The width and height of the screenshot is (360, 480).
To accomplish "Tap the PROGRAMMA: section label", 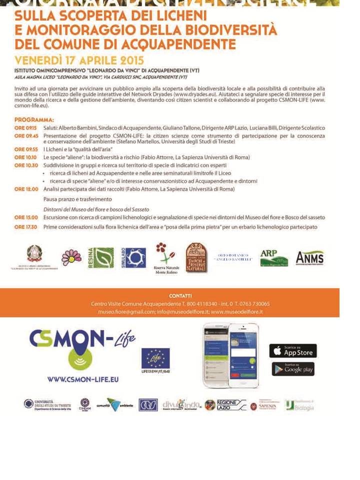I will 34,120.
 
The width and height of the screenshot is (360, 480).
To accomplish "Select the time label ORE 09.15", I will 26,128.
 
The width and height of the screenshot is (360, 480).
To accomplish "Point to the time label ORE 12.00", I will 26,189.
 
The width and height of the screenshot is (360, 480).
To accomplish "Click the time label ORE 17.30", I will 26,226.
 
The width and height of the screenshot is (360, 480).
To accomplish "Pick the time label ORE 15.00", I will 26,217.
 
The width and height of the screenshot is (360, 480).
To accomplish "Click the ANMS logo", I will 309,258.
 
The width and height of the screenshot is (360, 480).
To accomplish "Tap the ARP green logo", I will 274,258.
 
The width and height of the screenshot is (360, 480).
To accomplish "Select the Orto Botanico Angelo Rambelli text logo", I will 233,257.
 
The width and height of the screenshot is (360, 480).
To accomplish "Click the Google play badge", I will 293,369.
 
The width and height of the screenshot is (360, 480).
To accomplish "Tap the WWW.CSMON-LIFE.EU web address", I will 83,379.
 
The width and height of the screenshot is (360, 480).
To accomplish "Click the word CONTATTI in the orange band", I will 180,295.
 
